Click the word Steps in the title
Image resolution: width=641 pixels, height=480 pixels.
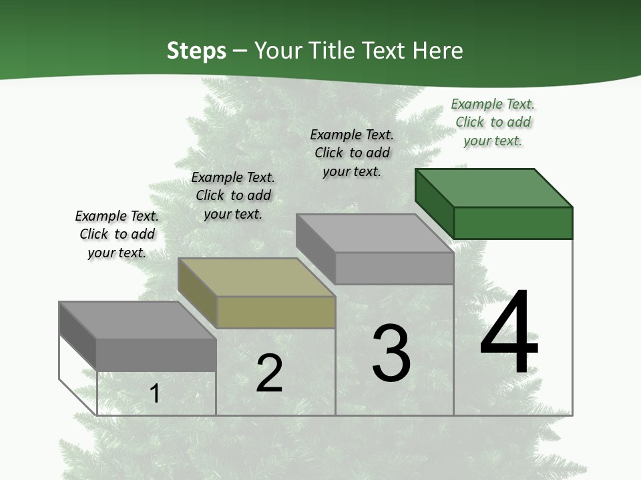[x=196, y=51]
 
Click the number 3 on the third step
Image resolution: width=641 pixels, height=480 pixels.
[x=391, y=353]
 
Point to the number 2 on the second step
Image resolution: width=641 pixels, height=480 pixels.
[x=270, y=373]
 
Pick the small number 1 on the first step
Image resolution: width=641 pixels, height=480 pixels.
[x=155, y=393]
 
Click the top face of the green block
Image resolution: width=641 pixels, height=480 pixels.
[x=494, y=187]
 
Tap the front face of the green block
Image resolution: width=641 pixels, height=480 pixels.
[x=513, y=223]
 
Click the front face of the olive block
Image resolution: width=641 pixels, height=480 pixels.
[x=276, y=312]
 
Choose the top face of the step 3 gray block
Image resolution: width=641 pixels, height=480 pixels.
[x=375, y=233]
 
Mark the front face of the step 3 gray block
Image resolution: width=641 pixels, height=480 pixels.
[x=394, y=268]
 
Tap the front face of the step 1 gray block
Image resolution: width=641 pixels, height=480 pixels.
[x=156, y=355]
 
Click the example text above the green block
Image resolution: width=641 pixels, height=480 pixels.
[x=493, y=122]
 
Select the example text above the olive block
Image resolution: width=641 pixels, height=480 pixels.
[x=233, y=195]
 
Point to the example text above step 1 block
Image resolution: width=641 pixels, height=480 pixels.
[x=117, y=234]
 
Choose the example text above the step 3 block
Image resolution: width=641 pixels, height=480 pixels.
[x=352, y=153]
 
